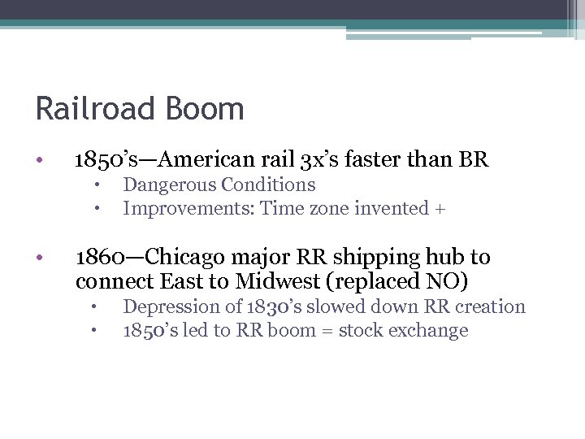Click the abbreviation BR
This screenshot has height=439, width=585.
pos(474,159)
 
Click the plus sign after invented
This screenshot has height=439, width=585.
pos(440,209)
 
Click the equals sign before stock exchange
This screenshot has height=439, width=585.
pos(327,331)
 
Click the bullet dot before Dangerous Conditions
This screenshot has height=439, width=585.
pos(95,186)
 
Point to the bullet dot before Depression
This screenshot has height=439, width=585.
pos(95,308)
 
